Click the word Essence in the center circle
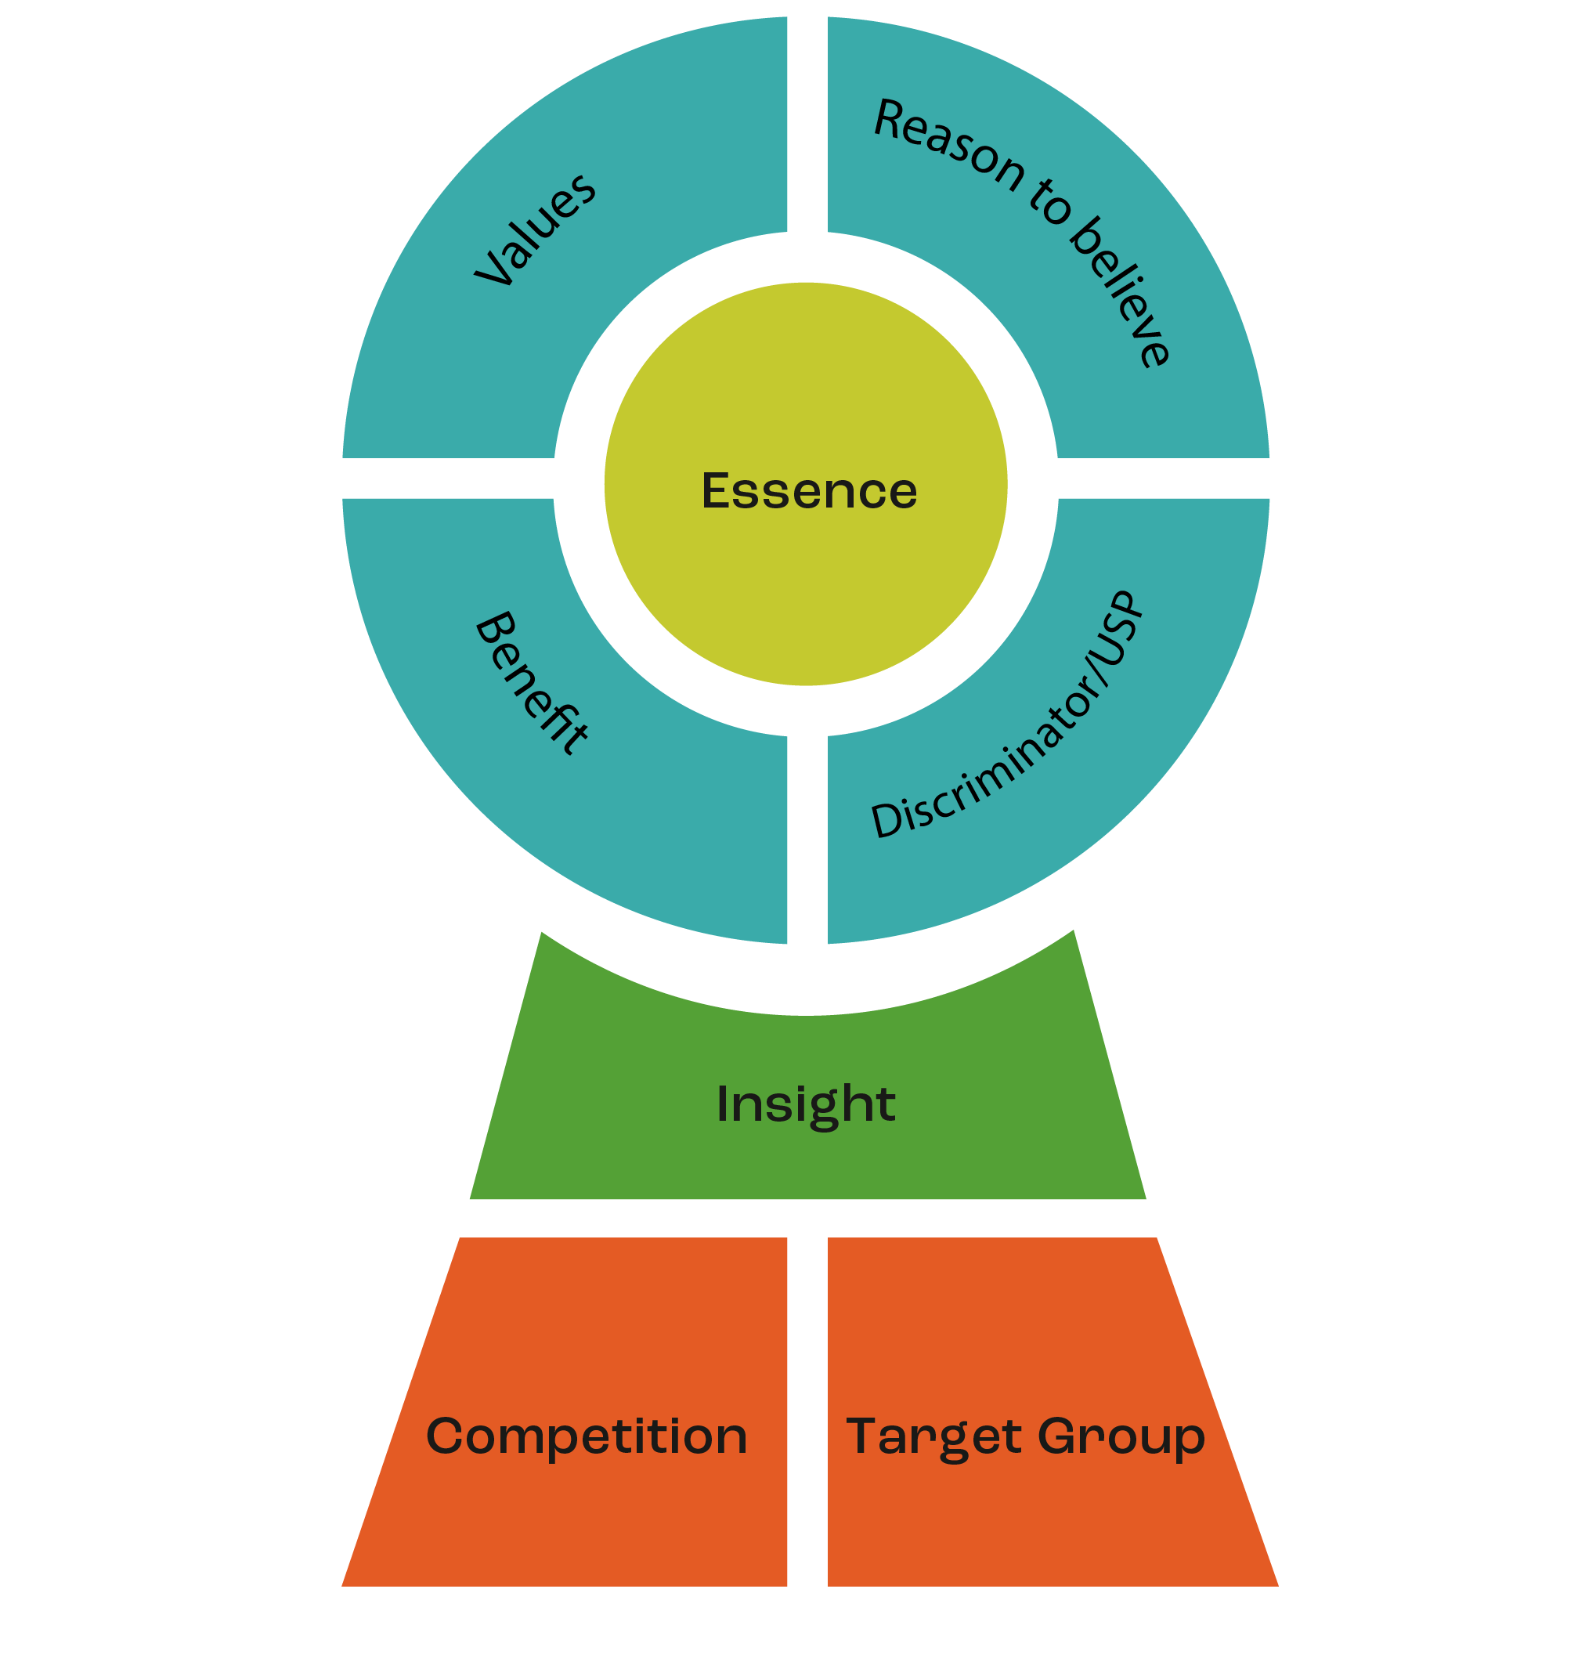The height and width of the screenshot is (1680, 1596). coord(809,491)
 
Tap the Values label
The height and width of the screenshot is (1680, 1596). coord(535,229)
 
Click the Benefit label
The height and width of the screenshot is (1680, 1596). coord(531,682)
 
